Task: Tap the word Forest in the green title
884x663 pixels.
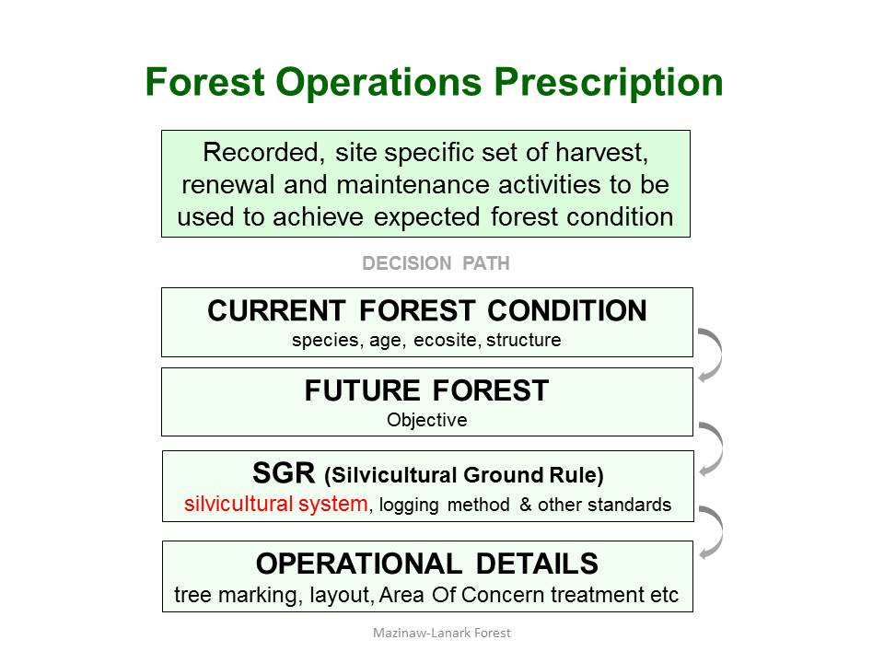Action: [204, 82]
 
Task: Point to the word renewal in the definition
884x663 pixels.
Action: [227, 185]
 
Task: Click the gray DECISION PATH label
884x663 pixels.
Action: [436, 263]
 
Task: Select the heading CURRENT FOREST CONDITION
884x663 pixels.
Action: [426, 310]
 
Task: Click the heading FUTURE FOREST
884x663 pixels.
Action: [426, 390]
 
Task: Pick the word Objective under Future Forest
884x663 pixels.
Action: [426, 420]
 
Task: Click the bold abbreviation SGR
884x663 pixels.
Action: [284, 473]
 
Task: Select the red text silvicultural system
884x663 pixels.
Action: [276, 504]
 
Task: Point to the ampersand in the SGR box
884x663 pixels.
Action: [526, 504]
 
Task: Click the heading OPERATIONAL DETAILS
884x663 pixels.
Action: [426, 564]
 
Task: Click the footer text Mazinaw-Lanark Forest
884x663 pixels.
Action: [442, 634]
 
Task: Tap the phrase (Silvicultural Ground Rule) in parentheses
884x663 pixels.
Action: [463, 475]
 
